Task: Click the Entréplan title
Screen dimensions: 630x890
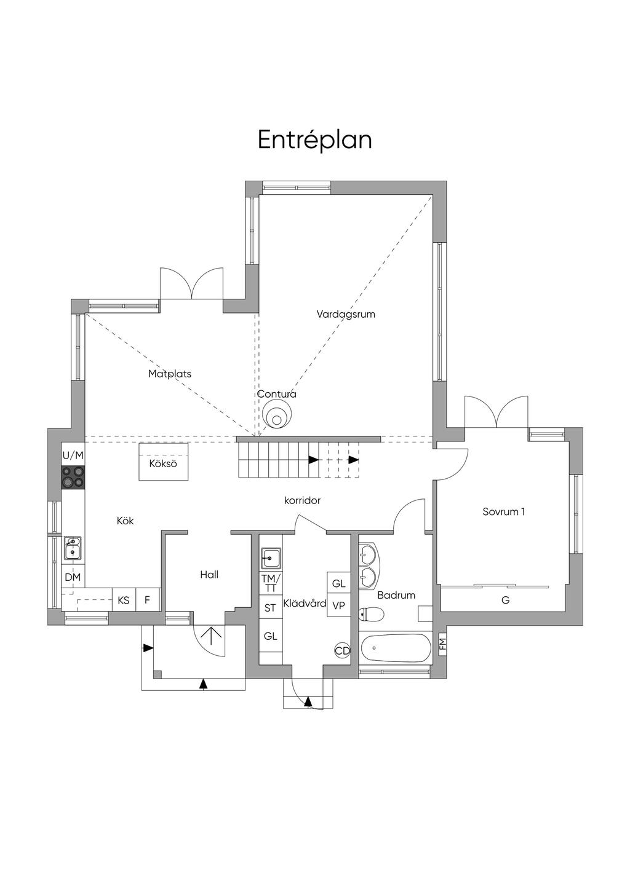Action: [x=314, y=140]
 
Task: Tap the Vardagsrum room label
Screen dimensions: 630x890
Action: [x=346, y=314]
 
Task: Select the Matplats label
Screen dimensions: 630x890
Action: [x=170, y=374]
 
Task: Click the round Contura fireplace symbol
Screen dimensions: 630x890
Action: [x=277, y=414]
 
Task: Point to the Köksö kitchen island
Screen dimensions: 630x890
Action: [x=163, y=462]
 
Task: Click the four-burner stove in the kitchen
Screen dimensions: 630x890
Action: [x=73, y=477]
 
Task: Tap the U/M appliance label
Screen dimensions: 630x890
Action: [x=73, y=455]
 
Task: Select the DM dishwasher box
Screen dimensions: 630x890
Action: [x=73, y=577]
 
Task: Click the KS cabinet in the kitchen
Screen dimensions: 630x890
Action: [x=124, y=600]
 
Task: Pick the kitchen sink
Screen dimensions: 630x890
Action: [x=72, y=548]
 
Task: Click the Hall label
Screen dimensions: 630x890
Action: [x=209, y=575]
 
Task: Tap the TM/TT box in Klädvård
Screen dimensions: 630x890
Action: [x=271, y=583]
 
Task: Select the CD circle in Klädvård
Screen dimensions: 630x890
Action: [x=342, y=650]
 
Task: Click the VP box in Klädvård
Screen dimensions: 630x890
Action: [x=338, y=605]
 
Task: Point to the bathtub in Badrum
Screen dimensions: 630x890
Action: [x=396, y=648]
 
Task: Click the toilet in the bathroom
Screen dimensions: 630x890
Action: [x=371, y=614]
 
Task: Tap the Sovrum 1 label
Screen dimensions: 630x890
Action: [x=503, y=512]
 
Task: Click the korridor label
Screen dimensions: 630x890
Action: [x=302, y=500]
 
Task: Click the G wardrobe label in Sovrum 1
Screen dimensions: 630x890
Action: [x=506, y=599]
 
